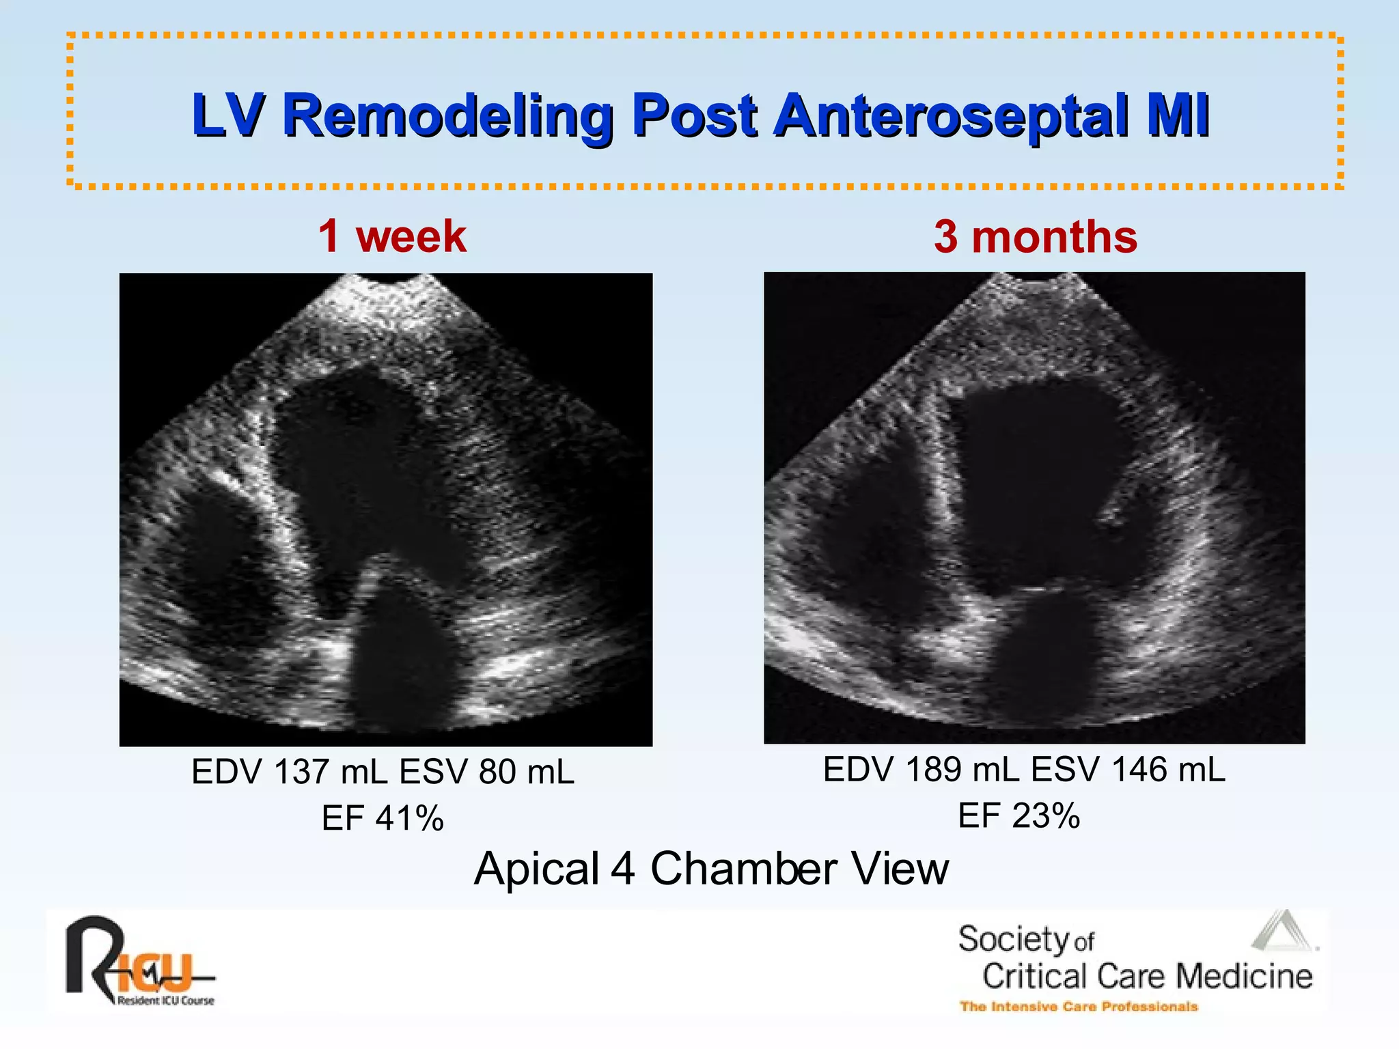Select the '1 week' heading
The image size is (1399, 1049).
pyautogui.click(x=392, y=236)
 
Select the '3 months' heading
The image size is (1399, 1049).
pyautogui.click(x=1035, y=236)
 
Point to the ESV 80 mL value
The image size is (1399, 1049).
pyautogui.click(x=486, y=772)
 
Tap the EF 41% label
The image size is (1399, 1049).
pyautogui.click(x=383, y=818)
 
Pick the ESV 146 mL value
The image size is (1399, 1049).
pyautogui.click(x=1128, y=770)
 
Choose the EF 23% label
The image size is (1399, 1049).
pyautogui.click(x=1019, y=815)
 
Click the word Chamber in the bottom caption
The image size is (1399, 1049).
pyautogui.click(x=743, y=869)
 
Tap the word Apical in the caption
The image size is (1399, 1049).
pyautogui.click(x=536, y=869)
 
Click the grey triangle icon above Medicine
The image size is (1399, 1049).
pyautogui.click(x=1283, y=932)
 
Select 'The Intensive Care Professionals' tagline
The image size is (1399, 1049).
pyautogui.click(x=1079, y=1007)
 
